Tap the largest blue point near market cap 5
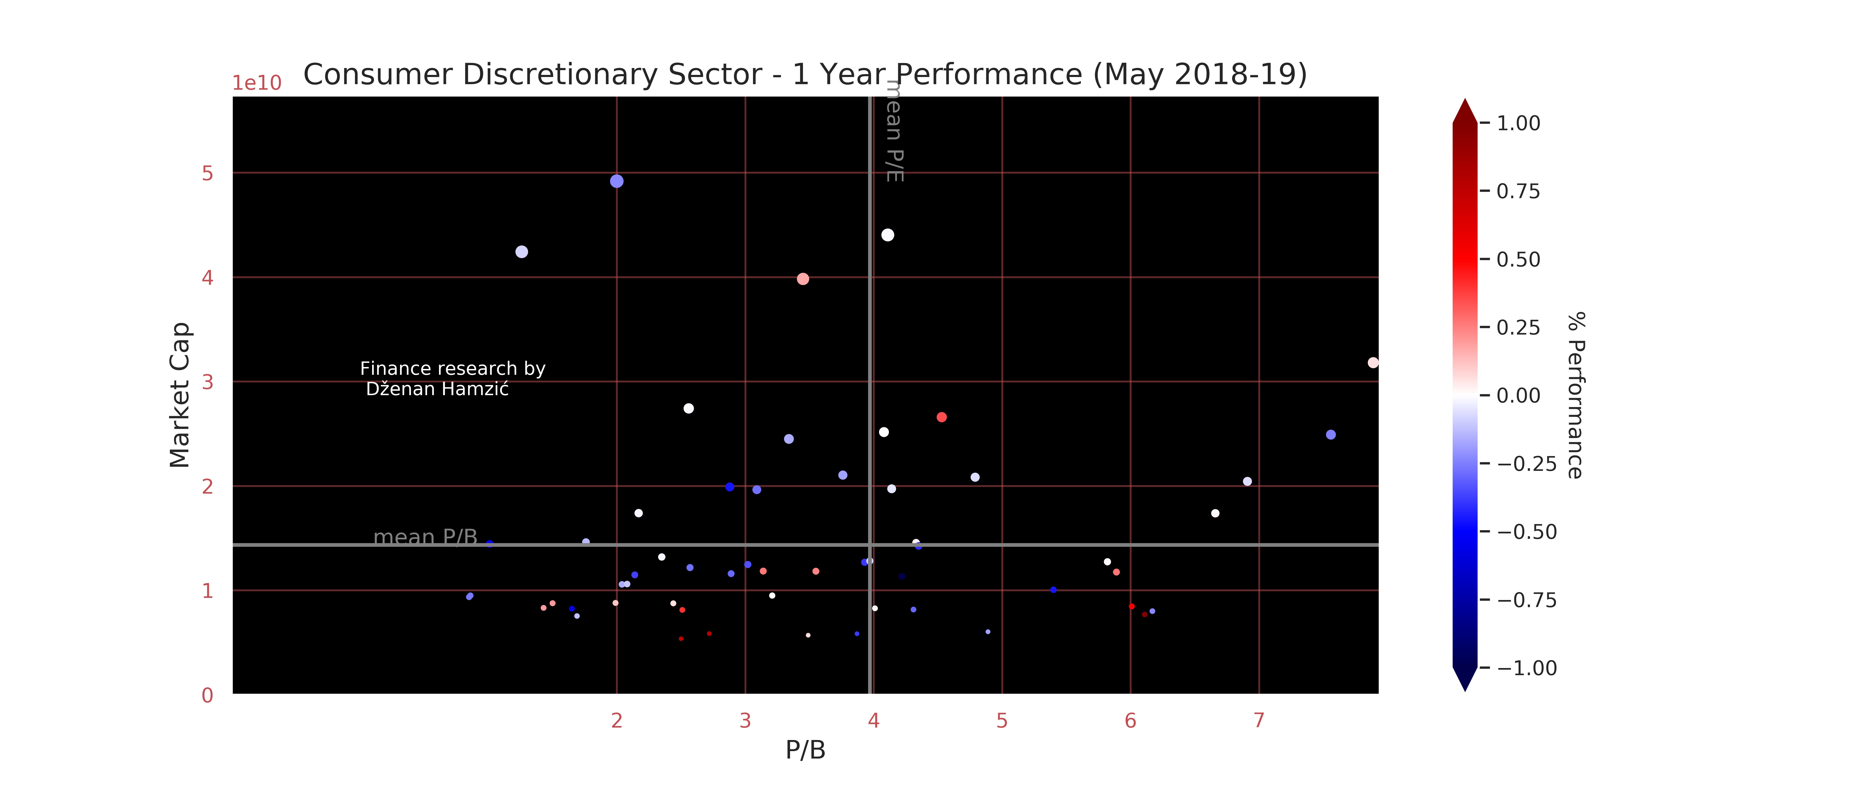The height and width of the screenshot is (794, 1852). pos(616,181)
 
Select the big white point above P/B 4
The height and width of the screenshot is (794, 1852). pos(887,235)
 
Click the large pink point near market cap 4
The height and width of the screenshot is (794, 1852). pos(802,279)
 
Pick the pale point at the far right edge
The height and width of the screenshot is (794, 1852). pos(1373,363)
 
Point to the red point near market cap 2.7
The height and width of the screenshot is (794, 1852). pos(941,417)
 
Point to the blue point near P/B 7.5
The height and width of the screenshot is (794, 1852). pos(1330,434)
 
